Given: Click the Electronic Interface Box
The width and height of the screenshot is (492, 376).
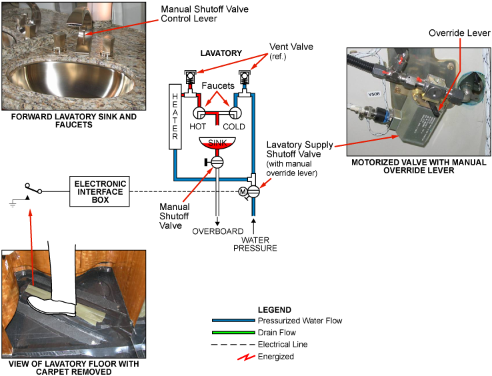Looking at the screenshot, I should (x=100, y=189).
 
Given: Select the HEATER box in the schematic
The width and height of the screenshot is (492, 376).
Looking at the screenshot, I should (x=175, y=117).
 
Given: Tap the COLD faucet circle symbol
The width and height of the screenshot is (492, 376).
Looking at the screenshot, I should (x=235, y=113).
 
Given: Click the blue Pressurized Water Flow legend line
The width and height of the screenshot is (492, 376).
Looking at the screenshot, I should (x=233, y=321).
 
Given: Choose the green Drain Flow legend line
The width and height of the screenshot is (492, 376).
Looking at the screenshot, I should (x=233, y=333).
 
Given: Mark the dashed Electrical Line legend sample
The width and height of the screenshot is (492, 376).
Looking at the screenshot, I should (x=233, y=345).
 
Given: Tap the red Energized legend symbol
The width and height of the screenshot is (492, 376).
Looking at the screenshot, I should (x=247, y=357).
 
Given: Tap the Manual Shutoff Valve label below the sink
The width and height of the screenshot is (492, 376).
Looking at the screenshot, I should (x=174, y=214).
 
